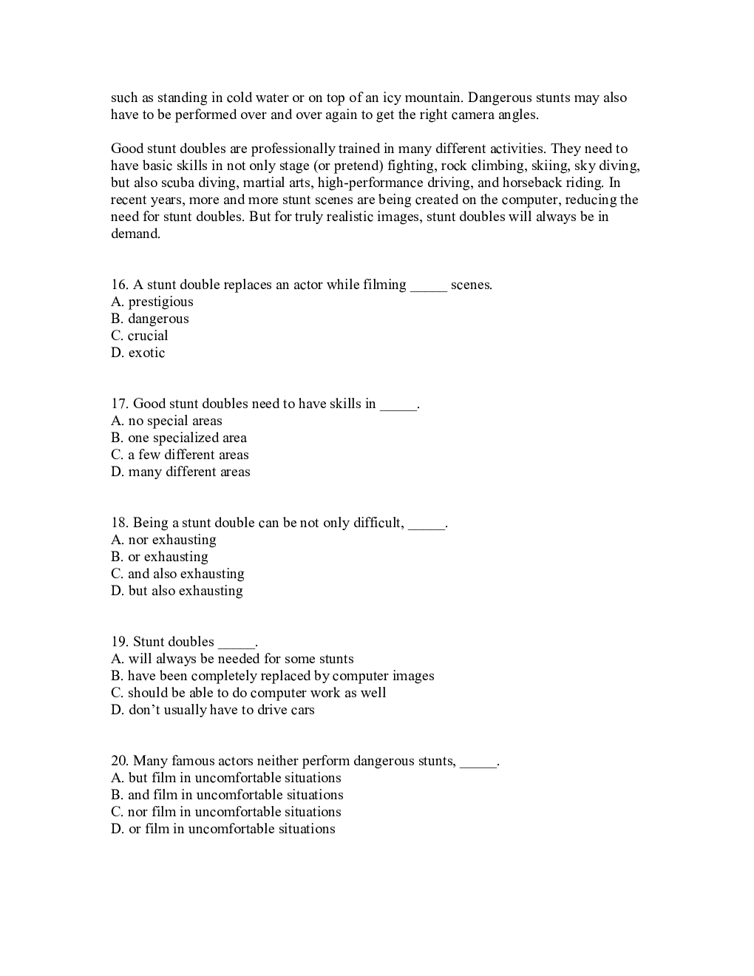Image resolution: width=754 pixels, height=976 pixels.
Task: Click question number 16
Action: (120, 285)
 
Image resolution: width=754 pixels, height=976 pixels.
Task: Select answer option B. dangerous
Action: (150, 319)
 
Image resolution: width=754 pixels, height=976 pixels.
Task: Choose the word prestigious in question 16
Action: (160, 302)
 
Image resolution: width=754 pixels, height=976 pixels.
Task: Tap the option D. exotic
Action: (138, 353)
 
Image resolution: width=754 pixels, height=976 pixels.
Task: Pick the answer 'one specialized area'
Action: (187, 438)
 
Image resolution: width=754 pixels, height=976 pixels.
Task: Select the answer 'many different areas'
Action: (189, 472)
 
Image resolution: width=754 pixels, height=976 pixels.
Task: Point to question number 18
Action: (120, 523)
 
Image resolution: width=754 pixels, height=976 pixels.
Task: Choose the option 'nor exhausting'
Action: (172, 540)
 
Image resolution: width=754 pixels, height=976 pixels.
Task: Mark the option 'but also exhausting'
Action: (186, 591)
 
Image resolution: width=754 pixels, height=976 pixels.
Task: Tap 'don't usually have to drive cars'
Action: (222, 710)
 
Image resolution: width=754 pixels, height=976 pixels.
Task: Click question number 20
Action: (120, 761)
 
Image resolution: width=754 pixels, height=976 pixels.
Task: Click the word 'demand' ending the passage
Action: (135, 234)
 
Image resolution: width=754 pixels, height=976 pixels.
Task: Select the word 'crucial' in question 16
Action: (148, 336)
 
